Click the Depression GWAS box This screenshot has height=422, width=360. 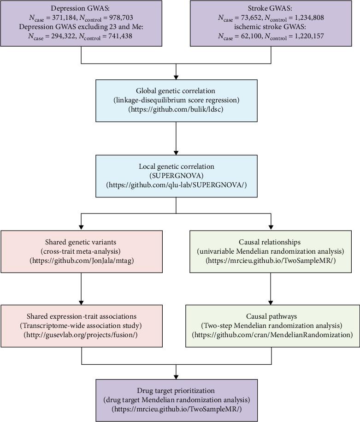[81, 23]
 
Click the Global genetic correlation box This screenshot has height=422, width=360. [176, 100]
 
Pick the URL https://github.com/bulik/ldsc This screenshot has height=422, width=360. [176, 109]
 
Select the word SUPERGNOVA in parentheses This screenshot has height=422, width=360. [176, 176]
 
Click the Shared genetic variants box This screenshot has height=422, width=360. [81, 251]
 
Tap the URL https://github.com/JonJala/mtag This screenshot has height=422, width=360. [81, 261]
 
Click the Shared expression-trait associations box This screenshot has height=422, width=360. [81, 326]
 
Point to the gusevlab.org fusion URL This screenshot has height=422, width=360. [81, 335]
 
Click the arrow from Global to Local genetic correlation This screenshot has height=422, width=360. [176, 138]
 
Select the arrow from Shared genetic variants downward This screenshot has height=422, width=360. [81, 288]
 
